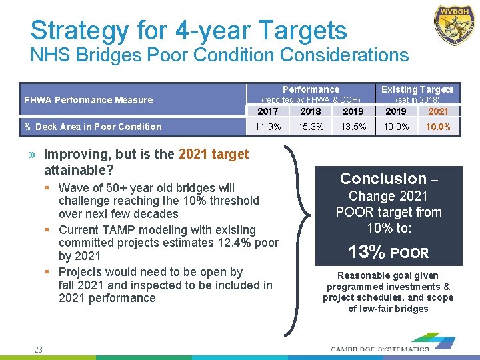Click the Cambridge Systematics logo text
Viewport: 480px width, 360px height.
coord(380,349)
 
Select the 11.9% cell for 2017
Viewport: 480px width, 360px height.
coord(268,127)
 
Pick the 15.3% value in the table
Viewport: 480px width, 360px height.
coord(311,127)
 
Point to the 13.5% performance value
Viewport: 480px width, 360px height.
coord(353,127)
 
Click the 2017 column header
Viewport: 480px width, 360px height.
coord(268,111)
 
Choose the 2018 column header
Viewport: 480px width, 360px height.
coord(311,111)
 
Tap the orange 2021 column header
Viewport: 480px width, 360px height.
coord(438,111)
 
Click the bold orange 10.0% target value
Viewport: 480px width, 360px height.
coord(438,127)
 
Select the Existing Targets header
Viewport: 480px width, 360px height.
coord(417,89)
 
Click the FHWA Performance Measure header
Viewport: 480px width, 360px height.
coord(89,100)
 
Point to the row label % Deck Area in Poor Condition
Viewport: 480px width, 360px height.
coord(93,127)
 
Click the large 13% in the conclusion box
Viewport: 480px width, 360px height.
coord(367,252)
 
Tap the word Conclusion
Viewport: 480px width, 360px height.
coord(383,179)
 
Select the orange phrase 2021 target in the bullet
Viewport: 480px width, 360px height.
coord(213,154)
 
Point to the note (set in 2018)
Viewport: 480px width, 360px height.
coord(417,100)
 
